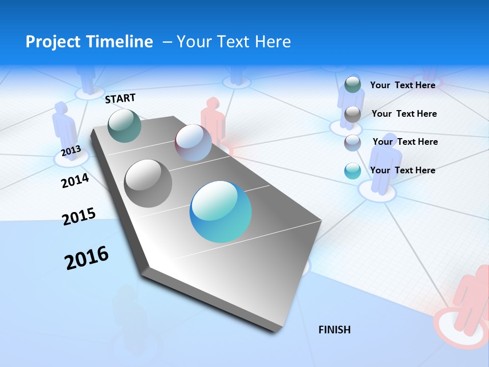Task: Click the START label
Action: tap(120, 98)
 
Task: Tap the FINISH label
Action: tap(335, 330)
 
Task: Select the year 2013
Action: tap(71, 151)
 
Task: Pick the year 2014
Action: tap(75, 180)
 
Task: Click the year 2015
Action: tap(79, 216)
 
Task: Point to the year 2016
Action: tap(87, 257)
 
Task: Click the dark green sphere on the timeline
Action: tap(125, 125)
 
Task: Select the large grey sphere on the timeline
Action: tap(148, 183)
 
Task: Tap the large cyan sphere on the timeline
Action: tap(221, 212)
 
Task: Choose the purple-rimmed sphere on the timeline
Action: tap(193, 143)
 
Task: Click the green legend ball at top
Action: tap(352, 85)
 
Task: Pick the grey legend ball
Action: tap(352, 114)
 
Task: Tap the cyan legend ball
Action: tap(352, 171)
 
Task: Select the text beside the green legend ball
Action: tap(402, 85)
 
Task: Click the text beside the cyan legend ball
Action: tap(402, 170)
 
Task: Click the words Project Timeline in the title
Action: tap(89, 42)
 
